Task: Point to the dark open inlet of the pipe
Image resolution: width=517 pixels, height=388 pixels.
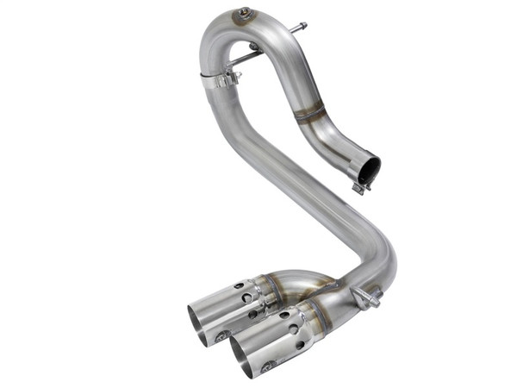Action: point(369,169)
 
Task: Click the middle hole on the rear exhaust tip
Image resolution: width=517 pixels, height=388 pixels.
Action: point(246,297)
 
